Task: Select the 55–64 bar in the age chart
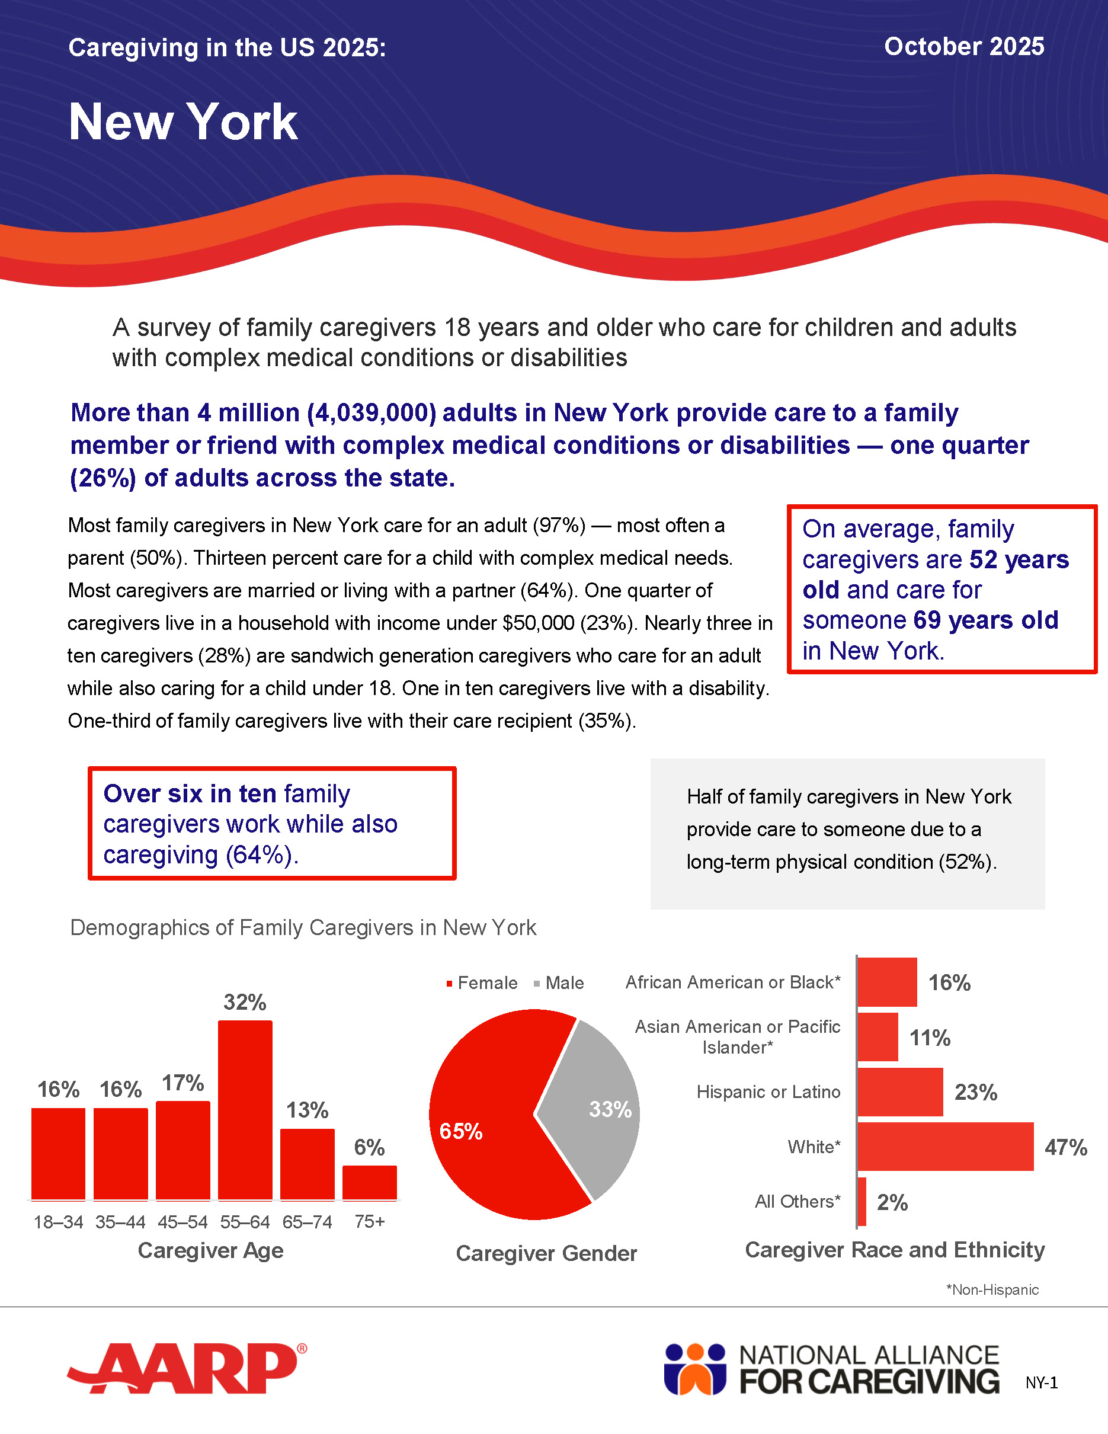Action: pos(245,1110)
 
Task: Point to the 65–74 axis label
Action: pos(307,1222)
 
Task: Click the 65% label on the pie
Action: pos(461,1131)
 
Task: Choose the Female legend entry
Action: pos(482,983)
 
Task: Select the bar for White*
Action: pos(945,1147)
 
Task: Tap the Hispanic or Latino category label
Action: pos(768,1092)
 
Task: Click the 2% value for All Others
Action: pos(892,1202)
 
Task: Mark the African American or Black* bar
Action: pos(887,982)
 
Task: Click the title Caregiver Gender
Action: pos(546,1253)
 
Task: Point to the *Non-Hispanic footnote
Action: pos(992,1289)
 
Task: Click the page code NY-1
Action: pos(1042,1383)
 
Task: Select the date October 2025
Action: pos(963,47)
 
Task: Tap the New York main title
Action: pos(183,122)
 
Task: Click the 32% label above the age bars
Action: pos(245,1002)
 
